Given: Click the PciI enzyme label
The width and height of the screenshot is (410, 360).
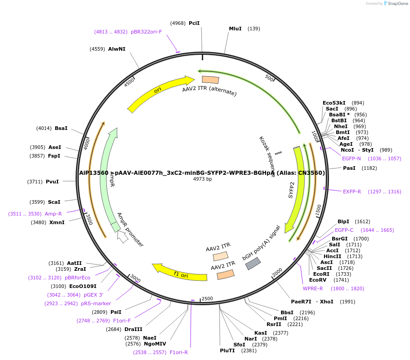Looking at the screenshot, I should (194, 23).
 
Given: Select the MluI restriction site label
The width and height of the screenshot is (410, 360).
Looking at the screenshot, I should (235, 29).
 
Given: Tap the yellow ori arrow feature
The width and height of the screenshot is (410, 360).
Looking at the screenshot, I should (158, 92).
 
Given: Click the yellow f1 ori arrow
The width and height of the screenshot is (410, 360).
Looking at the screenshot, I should (179, 272).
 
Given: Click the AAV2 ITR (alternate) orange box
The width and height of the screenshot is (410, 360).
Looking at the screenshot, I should (210, 80).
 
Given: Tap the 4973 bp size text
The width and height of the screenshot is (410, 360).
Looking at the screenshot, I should (202, 179).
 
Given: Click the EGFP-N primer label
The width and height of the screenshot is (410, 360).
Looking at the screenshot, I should (352, 158).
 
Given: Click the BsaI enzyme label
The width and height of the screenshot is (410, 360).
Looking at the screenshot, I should (61, 128).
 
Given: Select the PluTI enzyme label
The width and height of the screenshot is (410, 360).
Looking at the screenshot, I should (228, 350).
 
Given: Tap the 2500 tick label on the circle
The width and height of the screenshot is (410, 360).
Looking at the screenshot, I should (207, 298).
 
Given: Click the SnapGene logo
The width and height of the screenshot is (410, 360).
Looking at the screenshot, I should (396, 4).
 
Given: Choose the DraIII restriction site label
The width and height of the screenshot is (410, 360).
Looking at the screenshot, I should (133, 329).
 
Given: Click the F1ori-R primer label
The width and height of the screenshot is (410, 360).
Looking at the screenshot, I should (179, 352).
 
